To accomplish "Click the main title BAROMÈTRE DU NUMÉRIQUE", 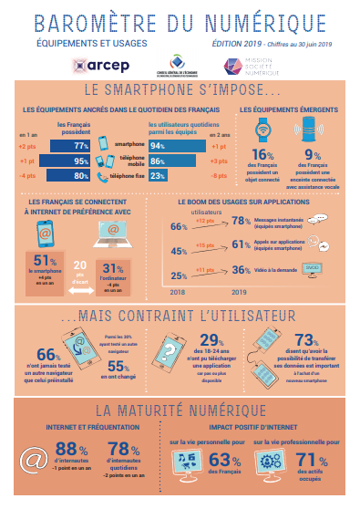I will [179, 19].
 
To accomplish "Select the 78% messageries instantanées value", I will [242, 221].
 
